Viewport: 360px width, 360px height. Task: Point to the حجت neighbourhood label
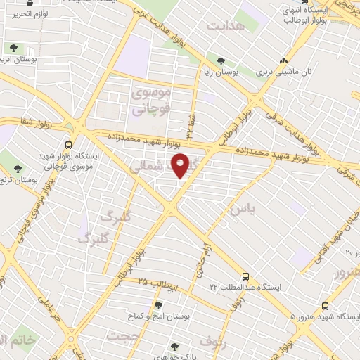pos(123,336)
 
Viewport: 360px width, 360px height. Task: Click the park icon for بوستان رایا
pos(221,61)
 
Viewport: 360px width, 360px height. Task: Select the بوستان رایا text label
pos(226,72)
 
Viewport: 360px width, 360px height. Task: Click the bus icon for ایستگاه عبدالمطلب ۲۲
pos(245,276)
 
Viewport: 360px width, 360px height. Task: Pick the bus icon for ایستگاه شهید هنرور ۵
pos(325,306)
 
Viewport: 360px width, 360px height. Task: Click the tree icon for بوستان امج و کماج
pos(157,305)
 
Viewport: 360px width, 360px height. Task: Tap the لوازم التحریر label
pos(31,14)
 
